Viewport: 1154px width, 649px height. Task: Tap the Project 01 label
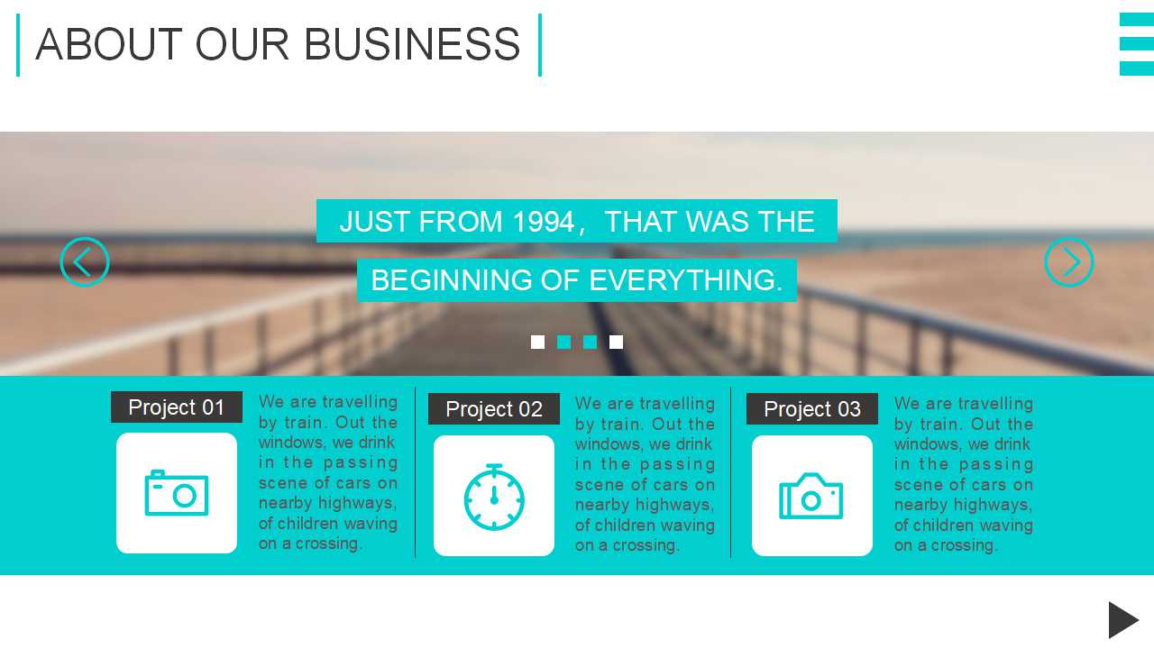[x=176, y=407]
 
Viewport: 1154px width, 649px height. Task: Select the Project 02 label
[x=493, y=409]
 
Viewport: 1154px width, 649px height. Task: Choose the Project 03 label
[x=812, y=409]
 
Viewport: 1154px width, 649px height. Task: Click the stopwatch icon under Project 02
[x=494, y=497]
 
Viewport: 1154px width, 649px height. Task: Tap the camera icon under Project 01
[x=177, y=493]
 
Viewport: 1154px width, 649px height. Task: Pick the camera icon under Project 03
[x=811, y=496]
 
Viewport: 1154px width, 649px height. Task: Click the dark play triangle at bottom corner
[x=1123, y=619]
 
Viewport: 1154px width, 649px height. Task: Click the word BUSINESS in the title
[x=412, y=44]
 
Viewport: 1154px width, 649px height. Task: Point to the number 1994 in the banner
[x=544, y=222]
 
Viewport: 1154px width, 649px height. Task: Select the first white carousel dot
[x=537, y=342]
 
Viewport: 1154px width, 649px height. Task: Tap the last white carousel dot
[x=616, y=342]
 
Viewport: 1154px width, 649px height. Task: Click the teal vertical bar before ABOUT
[x=18, y=45]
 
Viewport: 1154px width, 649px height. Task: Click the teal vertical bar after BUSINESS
[x=540, y=45]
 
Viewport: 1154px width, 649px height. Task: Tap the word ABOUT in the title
[x=109, y=44]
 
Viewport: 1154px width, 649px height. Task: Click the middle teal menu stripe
[x=1137, y=44]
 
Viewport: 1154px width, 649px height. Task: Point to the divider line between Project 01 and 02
[x=415, y=472]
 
